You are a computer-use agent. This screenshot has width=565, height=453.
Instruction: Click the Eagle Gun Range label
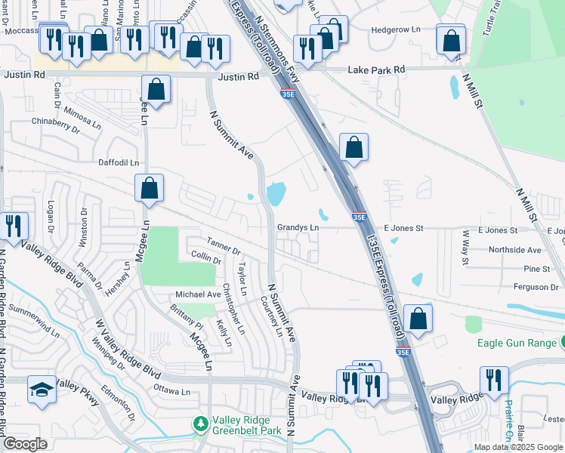(517, 343)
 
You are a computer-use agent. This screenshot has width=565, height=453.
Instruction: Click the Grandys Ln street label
(298, 226)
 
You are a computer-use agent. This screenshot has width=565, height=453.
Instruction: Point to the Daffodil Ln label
(119, 162)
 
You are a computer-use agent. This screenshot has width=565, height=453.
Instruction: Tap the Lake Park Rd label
(376, 69)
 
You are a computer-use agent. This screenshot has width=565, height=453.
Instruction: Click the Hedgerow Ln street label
(396, 30)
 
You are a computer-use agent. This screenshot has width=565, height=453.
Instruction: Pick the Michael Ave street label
(197, 294)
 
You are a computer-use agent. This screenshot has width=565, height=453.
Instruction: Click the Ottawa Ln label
(171, 392)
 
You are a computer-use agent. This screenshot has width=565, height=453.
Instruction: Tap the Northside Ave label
(515, 249)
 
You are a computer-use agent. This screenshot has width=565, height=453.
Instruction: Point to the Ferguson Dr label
(533, 287)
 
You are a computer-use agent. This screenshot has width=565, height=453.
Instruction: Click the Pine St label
(536, 268)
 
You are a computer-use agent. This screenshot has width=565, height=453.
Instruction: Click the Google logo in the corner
(25, 444)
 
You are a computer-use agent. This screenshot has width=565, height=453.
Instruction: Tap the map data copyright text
(517, 447)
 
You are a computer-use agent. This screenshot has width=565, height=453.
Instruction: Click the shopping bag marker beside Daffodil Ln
(150, 188)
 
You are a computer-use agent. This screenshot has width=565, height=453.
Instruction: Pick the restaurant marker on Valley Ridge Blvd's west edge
(13, 225)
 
